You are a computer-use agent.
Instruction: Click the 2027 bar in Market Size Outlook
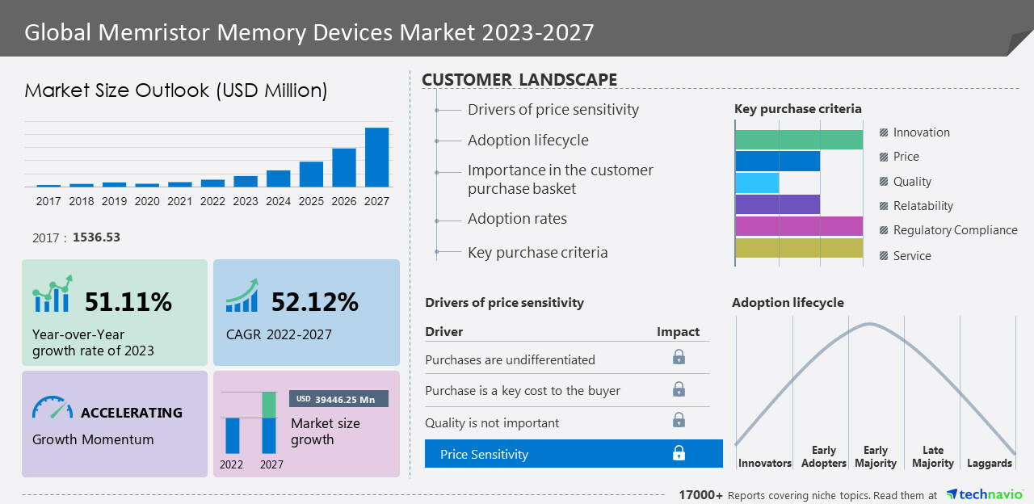tap(376, 157)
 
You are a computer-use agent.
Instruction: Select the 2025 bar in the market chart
tap(311, 174)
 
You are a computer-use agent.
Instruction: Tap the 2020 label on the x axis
tap(147, 201)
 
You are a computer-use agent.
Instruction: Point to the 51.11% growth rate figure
tap(128, 302)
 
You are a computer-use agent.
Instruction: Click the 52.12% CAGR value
tap(315, 302)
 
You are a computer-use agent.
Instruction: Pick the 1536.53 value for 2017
tap(96, 237)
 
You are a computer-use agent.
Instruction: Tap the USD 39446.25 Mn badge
tap(338, 399)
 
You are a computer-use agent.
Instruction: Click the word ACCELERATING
tap(132, 413)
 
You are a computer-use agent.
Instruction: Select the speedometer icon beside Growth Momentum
tap(52, 407)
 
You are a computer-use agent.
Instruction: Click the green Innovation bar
tap(799, 139)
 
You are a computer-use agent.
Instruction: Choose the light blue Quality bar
tap(757, 183)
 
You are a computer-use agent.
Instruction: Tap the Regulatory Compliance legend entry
tap(955, 230)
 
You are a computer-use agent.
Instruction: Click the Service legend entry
tap(912, 256)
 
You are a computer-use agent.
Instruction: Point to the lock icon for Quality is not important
tap(679, 420)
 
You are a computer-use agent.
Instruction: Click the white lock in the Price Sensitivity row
tap(679, 453)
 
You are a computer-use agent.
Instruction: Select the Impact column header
tap(678, 332)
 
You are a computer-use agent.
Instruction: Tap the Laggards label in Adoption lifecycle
tap(989, 464)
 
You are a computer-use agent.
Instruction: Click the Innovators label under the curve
tap(764, 464)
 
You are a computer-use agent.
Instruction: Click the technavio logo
tap(985, 494)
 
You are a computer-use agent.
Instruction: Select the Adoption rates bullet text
tap(517, 219)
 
